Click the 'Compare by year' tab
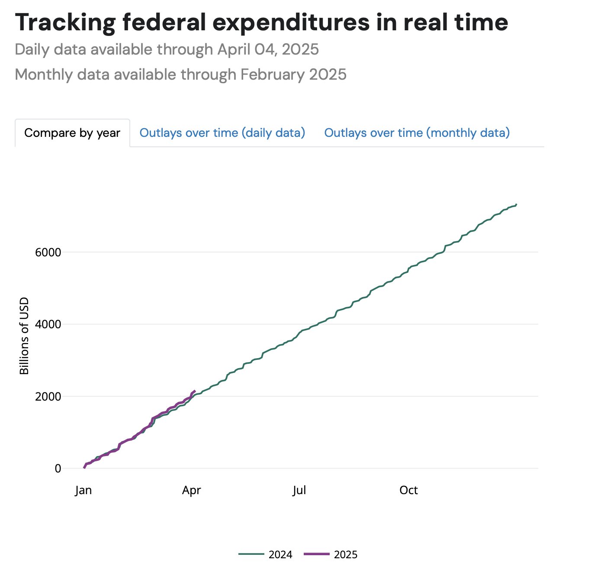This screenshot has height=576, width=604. [x=72, y=133]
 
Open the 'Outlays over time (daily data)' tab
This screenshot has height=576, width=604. [x=222, y=133]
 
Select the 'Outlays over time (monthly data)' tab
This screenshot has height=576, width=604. [x=417, y=133]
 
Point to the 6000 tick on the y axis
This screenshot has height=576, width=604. [x=48, y=252]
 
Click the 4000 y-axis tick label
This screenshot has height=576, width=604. [x=48, y=324]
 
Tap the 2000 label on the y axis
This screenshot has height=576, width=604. [x=48, y=396]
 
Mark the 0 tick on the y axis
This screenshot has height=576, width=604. [x=58, y=469]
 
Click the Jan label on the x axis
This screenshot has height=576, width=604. [x=83, y=490]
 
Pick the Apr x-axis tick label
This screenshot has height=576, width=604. [x=192, y=490]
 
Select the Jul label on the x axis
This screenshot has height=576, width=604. [x=299, y=490]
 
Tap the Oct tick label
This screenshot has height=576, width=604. [x=408, y=490]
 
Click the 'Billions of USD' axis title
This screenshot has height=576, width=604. [x=24, y=336]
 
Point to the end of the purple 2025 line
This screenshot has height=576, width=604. [x=195, y=391]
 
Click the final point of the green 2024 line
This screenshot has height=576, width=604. [x=516, y=204]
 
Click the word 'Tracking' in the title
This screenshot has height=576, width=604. [x=65, y=23]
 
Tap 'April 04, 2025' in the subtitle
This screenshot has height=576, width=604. [x=268, y=50]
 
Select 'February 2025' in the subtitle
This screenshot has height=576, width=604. [x=293, y=74]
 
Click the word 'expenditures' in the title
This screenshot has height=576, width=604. [x=291, y=23]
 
